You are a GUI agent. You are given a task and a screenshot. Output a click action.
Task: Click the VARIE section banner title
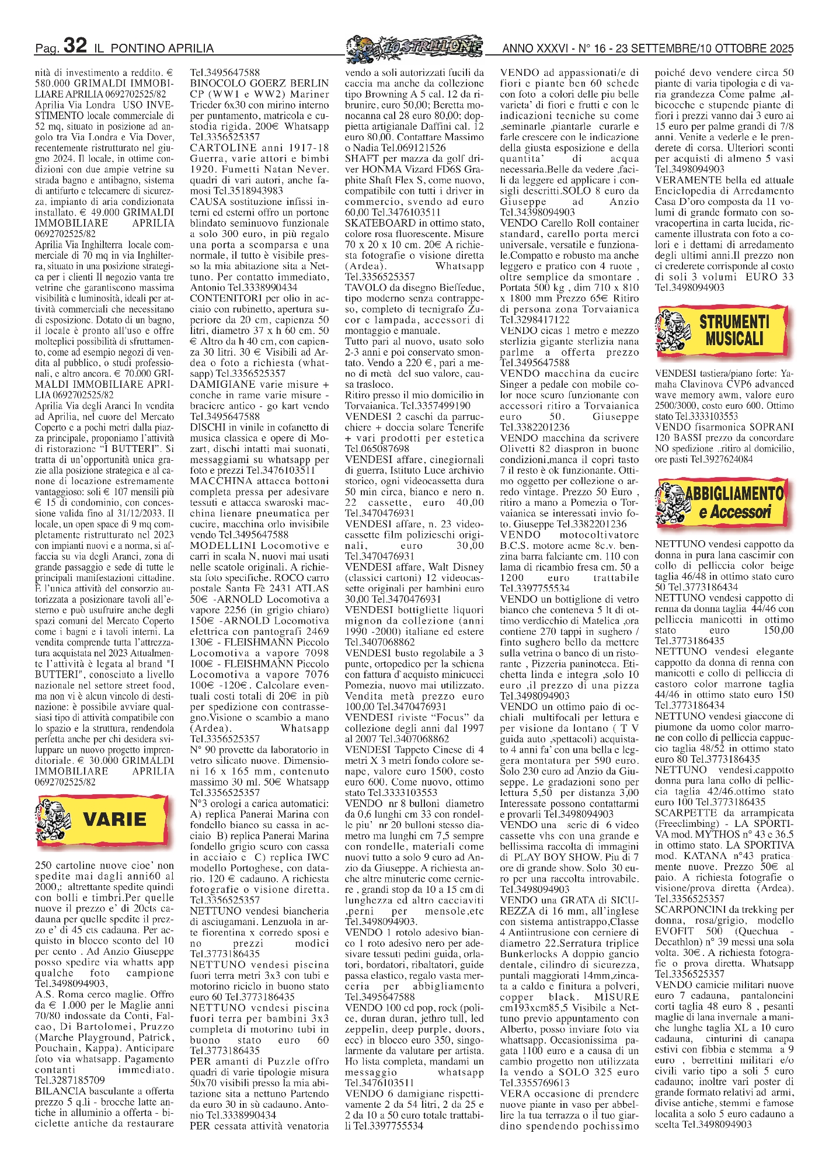[x=114, y=819]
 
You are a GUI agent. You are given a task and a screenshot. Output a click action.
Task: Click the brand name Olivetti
[x=520, y=449]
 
